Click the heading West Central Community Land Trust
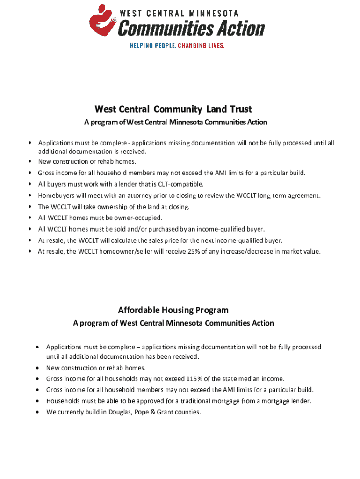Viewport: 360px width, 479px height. [173, 109]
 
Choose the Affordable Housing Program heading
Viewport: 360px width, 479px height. [173, 310]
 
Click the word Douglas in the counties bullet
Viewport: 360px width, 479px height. [120, 412]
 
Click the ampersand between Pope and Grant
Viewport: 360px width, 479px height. [155, 412]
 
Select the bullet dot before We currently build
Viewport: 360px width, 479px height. [37, 412]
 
